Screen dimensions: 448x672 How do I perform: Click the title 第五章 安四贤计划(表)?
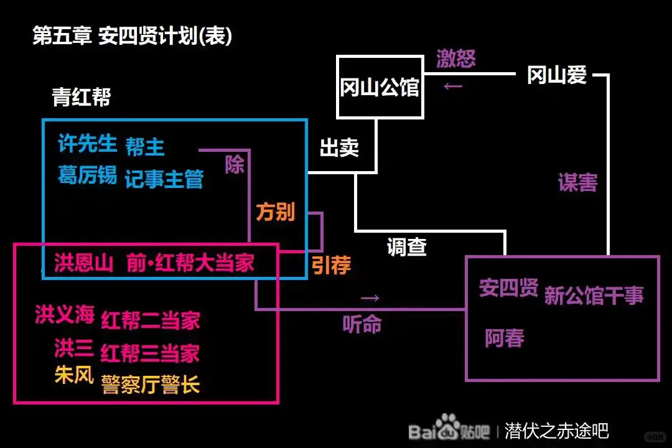(132, 35)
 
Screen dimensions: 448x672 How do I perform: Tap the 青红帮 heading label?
(82, 97)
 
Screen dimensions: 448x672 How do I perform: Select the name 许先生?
(87, 144)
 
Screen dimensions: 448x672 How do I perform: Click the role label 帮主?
(145, 147)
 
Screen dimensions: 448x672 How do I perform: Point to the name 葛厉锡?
(87, 175)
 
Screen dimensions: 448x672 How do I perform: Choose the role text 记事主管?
(164, 179)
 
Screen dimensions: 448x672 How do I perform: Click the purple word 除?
(235, 165)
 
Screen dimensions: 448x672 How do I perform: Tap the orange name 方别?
(275, 212)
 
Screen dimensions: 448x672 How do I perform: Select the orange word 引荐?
(331, 266)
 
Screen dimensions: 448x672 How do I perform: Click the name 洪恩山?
(83, 262)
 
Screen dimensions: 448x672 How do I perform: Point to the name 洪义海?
(65, 315)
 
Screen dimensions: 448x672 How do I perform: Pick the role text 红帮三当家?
(150, 352)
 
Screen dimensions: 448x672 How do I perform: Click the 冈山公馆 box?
(379, 87)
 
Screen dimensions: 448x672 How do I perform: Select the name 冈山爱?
(557, 75)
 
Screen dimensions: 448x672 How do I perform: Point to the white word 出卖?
(339, 147)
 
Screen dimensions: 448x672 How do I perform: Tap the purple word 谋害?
(577, 182)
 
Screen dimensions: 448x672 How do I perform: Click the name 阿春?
(505, 338)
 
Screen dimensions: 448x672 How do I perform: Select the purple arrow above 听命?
(370, 297)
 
